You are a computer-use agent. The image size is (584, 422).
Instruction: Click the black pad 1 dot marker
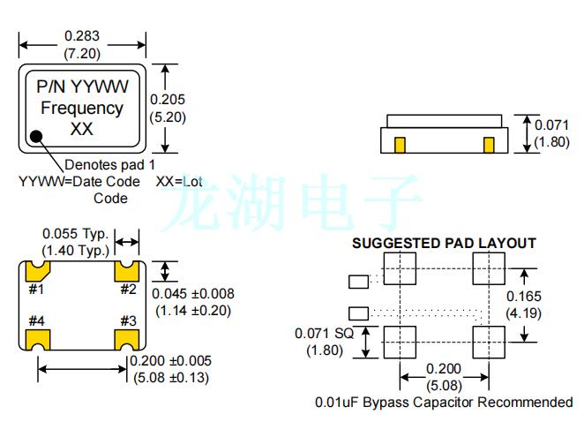pyautogui.click(x=37, y=137)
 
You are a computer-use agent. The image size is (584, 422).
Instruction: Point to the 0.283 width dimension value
pyautogui.click(x=82, y=36)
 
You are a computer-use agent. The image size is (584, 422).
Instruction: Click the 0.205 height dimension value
pyautogui.click(x=167, y=100)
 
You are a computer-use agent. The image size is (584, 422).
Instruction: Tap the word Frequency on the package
pyautogui.click(x=82, y=109)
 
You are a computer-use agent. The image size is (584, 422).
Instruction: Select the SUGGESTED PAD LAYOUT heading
pyautogui.click(x=444, y=243)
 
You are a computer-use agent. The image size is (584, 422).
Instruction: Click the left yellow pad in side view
pyautogui.click(x=399, y=143)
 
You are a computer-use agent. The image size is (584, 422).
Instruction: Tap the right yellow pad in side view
pyautogui.click(x=487, y=143)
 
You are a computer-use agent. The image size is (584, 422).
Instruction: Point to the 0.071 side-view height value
pyautogui.click(x=554, y=125)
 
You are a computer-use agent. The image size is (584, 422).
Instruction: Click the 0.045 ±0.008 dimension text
pyautogui.click(x=193, y=294)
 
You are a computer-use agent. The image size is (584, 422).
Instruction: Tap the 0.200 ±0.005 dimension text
pyautogui.click(x=171, y=362)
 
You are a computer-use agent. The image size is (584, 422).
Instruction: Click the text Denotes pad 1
pyautogui.click(x=109, y=165)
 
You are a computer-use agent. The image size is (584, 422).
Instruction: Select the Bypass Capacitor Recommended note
pyautogui.click(x=444, y=403)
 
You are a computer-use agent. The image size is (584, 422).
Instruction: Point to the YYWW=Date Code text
pyautogui.click(x=79, y=182)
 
